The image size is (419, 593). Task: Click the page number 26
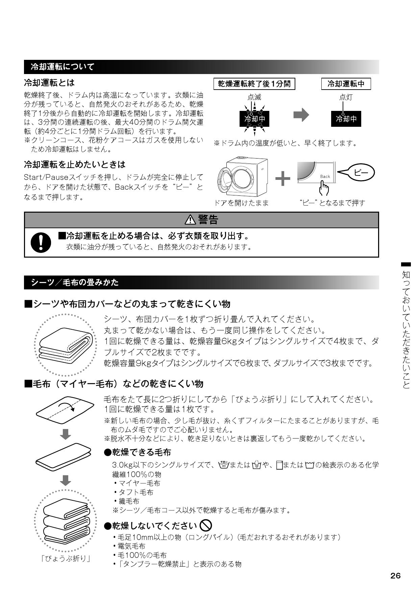pos(395,576)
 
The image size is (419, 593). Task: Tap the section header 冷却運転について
pos(63,67)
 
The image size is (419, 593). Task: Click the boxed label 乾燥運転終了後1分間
pos(254,84)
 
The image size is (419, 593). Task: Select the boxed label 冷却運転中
pos(346,84)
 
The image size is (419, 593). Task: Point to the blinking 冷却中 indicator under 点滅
pos(254,119)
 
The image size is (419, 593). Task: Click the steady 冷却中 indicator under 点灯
pos(346,119)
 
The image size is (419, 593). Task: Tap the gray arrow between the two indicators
pos(301,115)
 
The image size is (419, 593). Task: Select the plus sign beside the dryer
pos(283,178)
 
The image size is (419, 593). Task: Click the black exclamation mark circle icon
pos(41,243)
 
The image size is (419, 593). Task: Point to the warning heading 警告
pos(202,220)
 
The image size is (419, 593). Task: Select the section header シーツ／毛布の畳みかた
pos(75,282)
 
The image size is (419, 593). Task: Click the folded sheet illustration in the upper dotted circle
pos(66,345)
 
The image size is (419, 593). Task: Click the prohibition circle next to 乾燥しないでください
pos(206,525)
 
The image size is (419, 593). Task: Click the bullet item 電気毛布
pos(132,546)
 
